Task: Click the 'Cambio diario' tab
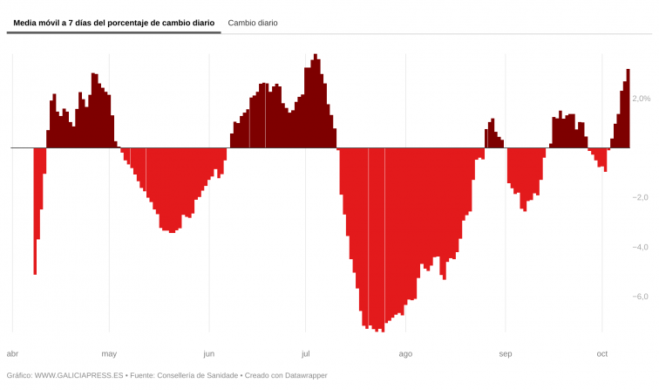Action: point(253,23)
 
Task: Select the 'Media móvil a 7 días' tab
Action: point(113,23)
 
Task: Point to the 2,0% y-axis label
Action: point(641,99)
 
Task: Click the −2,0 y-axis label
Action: point(641,197)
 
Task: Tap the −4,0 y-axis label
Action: point(641,247)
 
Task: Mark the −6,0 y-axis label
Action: point(641,297)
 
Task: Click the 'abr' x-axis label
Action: point(12,353)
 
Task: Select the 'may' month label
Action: point(109,353)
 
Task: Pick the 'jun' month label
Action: point(208,353)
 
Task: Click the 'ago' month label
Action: point(405,353)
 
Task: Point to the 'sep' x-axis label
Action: point(505,353)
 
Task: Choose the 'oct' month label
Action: point(601,353)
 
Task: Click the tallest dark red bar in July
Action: point(316,100)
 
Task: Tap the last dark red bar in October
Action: point(628,108)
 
